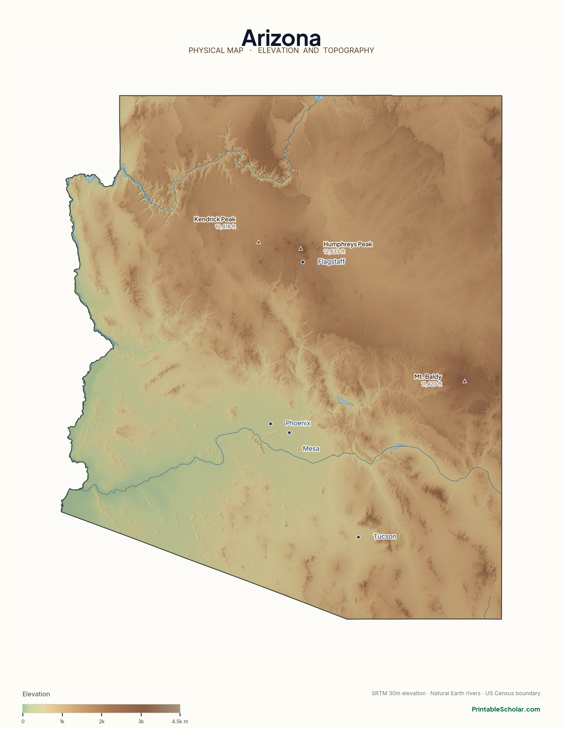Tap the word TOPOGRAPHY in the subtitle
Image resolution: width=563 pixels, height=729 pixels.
click(x=349, y=50)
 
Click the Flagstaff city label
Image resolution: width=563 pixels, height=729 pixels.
click(x=331, y=262)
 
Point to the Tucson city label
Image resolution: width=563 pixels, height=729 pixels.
click(x=385, y=536)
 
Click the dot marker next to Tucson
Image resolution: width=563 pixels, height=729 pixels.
click(x=358, y=537)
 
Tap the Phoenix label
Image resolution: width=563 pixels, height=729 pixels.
click(x=298, y=423)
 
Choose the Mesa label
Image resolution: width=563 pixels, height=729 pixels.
click(x=311, y=449)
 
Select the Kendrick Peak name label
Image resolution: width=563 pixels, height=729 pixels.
click(x=215, y=219)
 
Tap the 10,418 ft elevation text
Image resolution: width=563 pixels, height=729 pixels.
click(x=225, y=227)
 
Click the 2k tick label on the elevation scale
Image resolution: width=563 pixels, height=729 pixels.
click(x=102, y=721)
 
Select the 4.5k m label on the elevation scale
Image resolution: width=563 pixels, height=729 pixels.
click(x=180, y=721)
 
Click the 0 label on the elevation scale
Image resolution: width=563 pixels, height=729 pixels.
click(x=23, y=721)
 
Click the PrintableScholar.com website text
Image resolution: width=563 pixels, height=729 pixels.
click(x=506, y=709)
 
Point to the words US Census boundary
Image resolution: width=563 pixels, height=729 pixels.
click(x=513, y=693)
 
